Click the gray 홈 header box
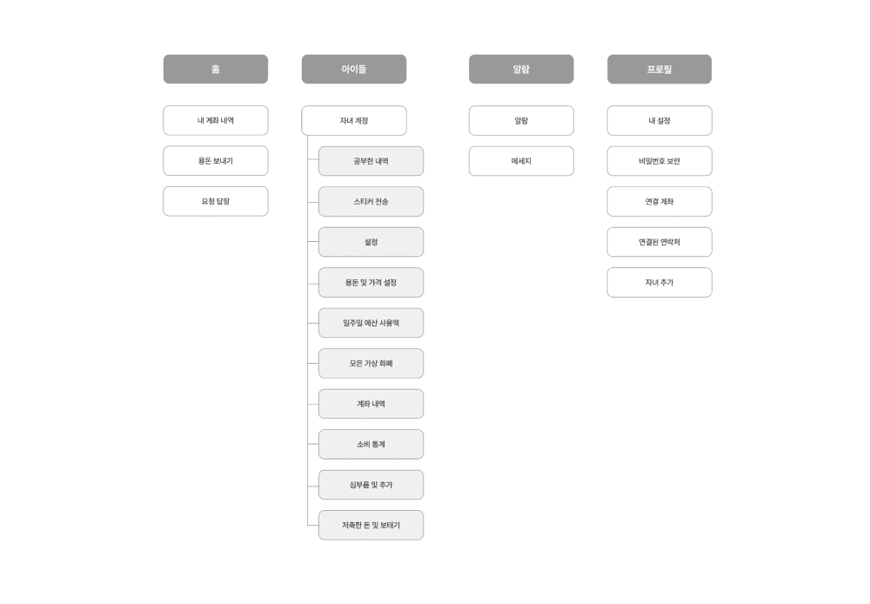[215, 69]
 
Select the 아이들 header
[353, 69]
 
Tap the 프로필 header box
[659, 69]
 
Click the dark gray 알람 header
[520, 69]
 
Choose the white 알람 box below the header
[520, 120]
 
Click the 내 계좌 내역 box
[215, 120]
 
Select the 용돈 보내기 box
[215, 161]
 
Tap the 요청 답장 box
[215, 201]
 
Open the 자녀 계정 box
[353, 120]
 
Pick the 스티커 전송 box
[371, 201]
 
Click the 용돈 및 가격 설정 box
[371, 282]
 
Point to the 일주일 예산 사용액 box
[371, 323]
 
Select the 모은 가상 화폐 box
[371, 363]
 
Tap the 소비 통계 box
[371, 444]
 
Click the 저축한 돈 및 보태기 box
[371, 525]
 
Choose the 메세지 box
[520, 161]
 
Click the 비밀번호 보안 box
[659, 161]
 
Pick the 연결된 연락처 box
[659, 242]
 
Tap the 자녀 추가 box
[659, 282]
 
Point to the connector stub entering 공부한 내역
[312, 161]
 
